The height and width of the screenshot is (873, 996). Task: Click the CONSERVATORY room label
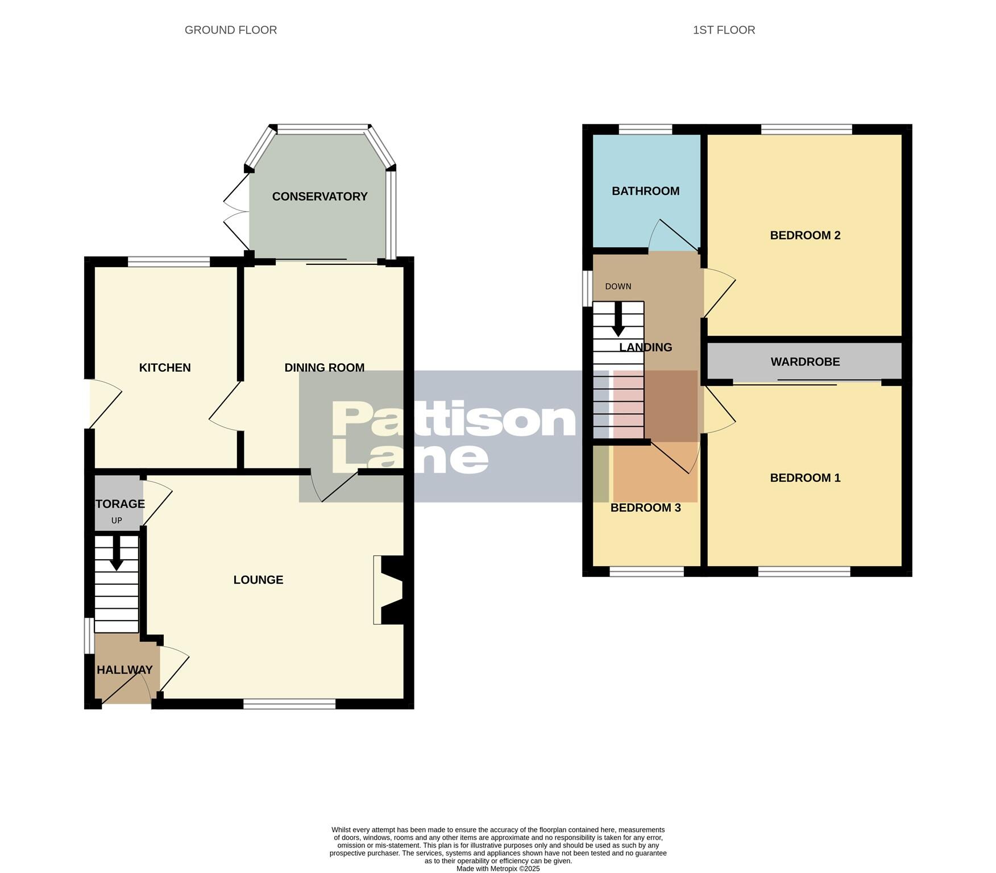point(319,197)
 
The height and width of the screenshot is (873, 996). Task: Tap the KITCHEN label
point(165,368)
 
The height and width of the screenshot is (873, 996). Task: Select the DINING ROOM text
point(324,368)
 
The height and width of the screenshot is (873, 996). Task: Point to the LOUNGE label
point(258,580)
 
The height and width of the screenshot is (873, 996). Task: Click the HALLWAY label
point(125,670)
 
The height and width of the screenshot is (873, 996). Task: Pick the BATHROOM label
point(645,191)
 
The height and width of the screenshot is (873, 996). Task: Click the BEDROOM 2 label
point(805,235)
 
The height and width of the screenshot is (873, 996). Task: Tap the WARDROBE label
point(805,362)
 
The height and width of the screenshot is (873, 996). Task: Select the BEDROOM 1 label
point(805,478)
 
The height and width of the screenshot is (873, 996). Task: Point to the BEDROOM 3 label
point(645,508)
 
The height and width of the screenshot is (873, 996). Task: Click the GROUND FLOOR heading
point(231,30)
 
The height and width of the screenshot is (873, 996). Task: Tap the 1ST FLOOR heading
point(724,30)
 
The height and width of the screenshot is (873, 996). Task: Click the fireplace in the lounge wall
point(390,590)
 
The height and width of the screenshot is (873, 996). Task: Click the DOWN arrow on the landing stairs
point(618,319)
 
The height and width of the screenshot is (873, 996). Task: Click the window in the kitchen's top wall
point(169,262)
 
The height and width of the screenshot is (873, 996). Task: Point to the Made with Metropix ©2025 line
point(498,868)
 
